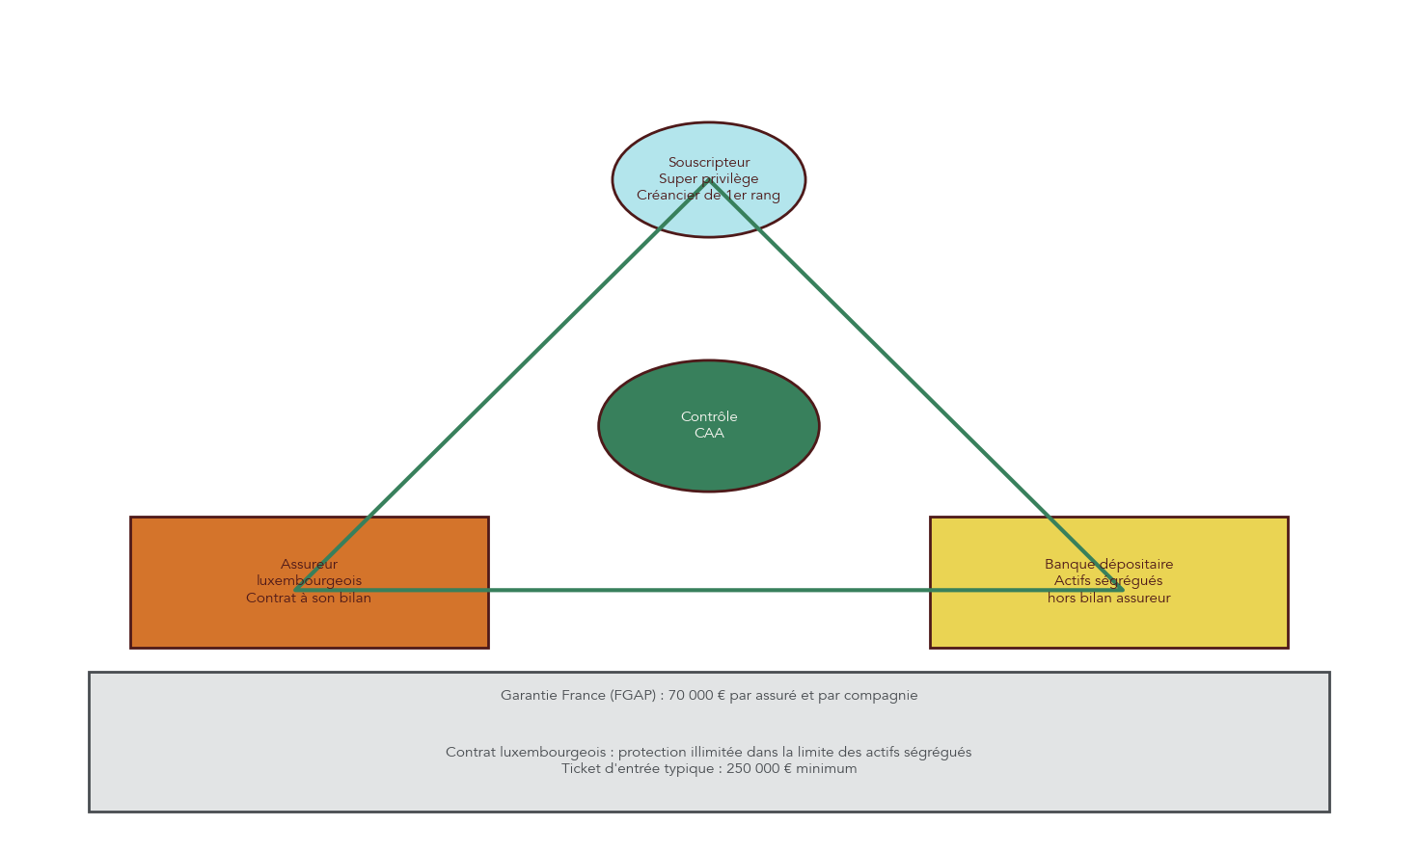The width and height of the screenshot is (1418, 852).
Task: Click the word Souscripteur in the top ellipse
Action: pyautogui.click(x=708, y=162)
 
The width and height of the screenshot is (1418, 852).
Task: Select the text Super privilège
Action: pyautogui.click(x=708, y=178)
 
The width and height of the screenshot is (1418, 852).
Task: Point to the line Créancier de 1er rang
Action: pyautogui.click(x=708, y=195)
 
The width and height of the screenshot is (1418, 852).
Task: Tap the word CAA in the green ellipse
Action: pyautogui.click(x=709, y=434)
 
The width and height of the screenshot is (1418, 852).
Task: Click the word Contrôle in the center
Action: pyautogui.click(x=709, y=416)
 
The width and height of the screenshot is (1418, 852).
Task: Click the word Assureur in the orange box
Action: pyautogui.click(x=309, y=564)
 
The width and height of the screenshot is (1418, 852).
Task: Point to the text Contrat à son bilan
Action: pyautogui.click(x=309, y=598)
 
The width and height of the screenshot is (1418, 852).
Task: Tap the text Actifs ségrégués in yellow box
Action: pyautogui.click(x=1107, y=580)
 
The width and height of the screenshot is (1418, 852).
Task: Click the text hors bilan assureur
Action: pyautogui.click(x=1108, y=598)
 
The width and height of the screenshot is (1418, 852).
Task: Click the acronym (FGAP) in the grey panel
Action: pyautogui.click(x=636, y=695)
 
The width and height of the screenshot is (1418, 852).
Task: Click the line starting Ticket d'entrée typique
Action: pyautogui.click(x=709, y=768)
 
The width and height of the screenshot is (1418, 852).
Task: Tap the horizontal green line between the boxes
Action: pyautogui.click(x=709, y=590)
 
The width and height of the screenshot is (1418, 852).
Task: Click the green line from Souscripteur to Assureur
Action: pyautogui.click(x=502, y=386)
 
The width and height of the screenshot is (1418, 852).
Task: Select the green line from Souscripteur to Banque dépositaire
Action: pyautogui.click(x=916, y=386)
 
